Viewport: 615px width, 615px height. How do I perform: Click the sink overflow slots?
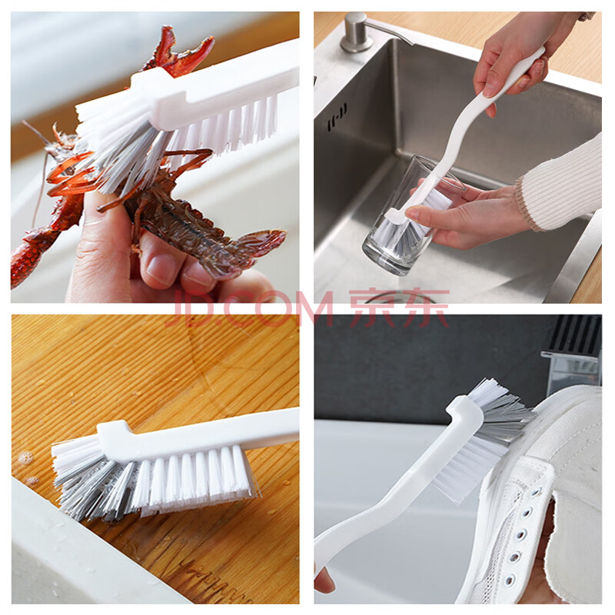point(337,117)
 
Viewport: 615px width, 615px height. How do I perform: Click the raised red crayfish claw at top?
point(178,52)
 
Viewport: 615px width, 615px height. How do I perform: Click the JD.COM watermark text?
point(252,309)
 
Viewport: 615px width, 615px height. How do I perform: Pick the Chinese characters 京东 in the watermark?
point(399,308)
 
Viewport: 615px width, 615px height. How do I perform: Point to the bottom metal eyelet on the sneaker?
point(509,580)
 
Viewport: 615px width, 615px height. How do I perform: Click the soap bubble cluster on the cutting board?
point(26,457)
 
